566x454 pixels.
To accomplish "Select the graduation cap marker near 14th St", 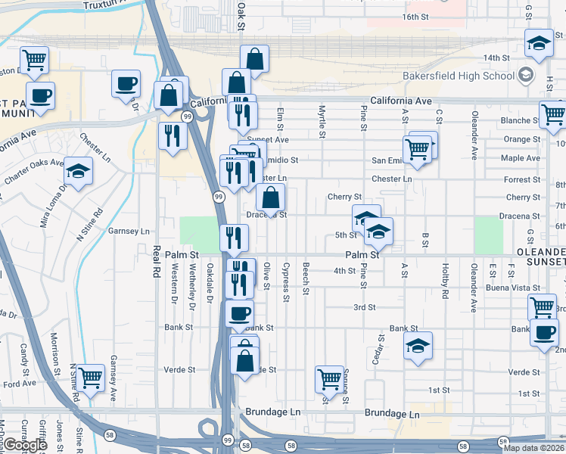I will point(538,45).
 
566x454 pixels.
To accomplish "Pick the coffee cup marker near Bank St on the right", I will point(543,333).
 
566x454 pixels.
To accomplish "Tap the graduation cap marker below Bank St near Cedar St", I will point(418,347).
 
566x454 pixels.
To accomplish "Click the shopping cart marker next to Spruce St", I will point(329,378).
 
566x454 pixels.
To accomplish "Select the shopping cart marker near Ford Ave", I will point(89,378).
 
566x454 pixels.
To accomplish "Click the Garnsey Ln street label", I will point(130,231).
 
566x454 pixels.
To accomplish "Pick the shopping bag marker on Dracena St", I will point(270,197).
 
